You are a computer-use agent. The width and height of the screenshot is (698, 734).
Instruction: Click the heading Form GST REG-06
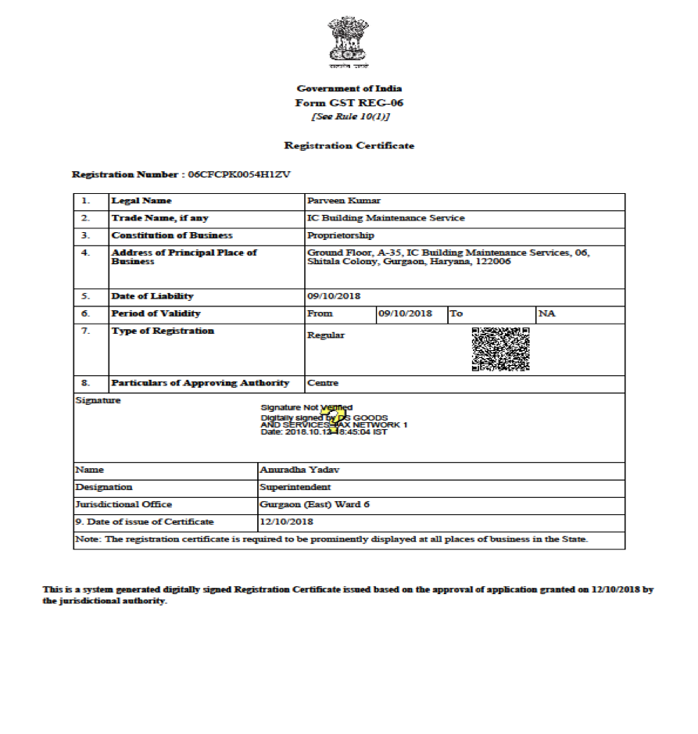[349, 102]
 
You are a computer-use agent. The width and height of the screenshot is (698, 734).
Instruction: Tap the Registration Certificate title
[349, 145]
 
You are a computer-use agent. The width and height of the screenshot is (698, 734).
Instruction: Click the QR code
[501, 349]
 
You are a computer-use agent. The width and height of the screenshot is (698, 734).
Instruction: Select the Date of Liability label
[152, 296]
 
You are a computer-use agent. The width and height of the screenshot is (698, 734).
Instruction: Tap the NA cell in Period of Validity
[546, 313]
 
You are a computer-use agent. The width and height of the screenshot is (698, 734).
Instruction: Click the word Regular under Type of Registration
[326, 335]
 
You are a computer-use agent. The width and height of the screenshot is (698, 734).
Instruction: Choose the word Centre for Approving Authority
[323, 383]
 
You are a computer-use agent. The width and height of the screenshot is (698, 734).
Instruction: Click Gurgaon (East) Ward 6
[314, 504]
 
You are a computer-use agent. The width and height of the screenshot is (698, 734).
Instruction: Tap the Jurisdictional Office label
[123, 504]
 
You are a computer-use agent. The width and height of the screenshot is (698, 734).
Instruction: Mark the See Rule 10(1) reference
[349, 116]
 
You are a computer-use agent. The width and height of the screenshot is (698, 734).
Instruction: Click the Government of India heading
[349, 88]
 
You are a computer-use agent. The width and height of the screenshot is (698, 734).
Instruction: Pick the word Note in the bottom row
[87, 539]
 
